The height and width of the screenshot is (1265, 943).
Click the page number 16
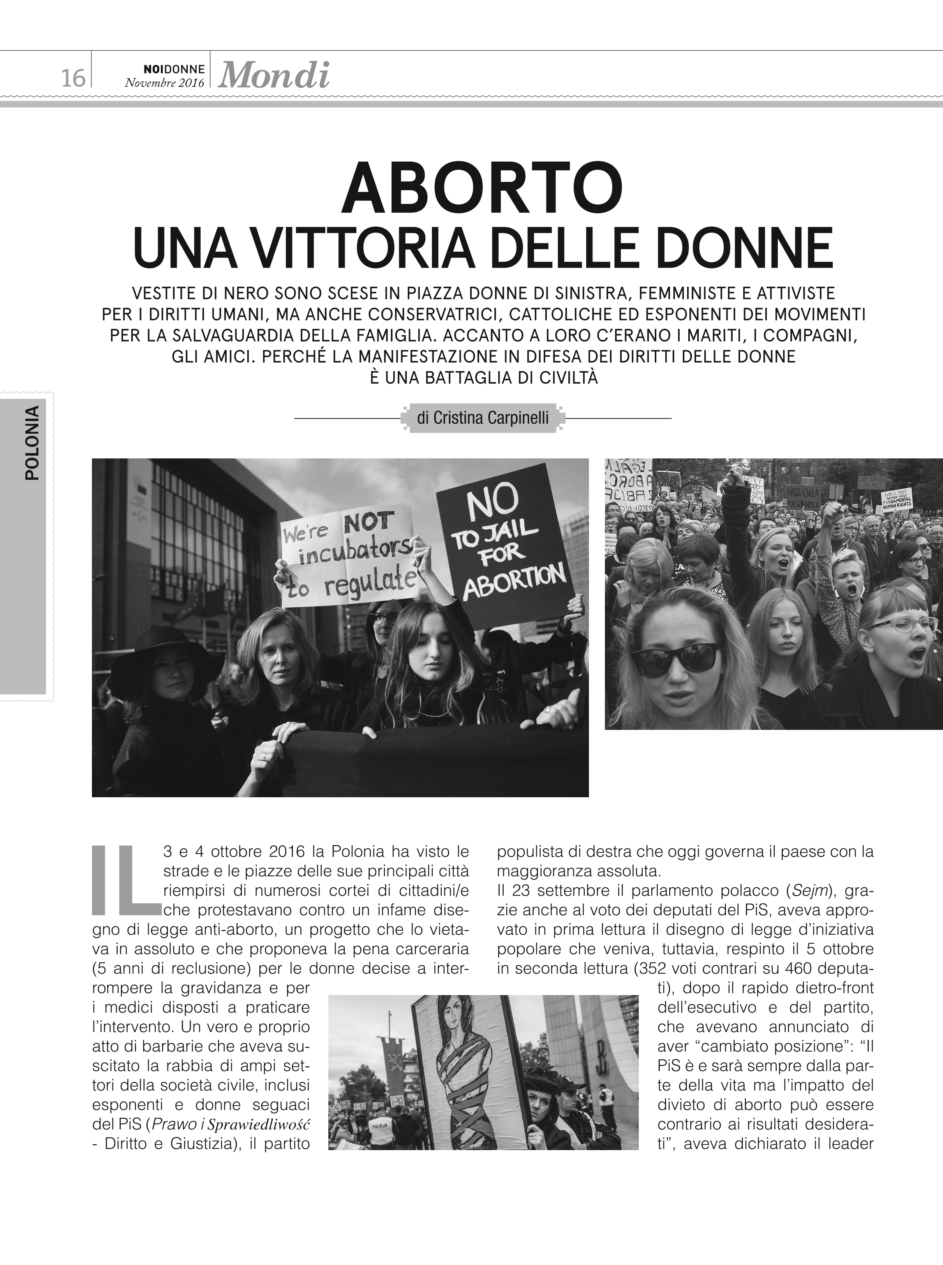pos(72,77)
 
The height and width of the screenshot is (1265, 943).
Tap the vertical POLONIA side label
pos(33,442)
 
